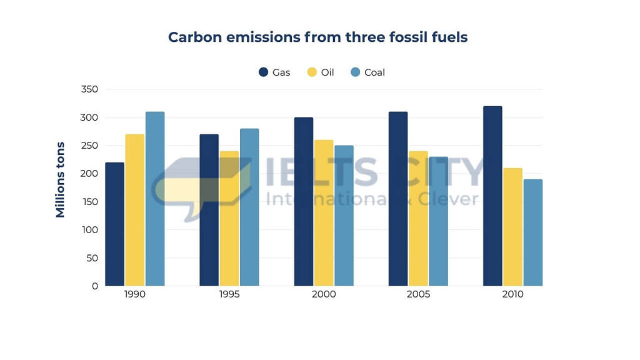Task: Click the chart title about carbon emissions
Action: click(317, 37)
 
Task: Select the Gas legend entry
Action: click(274, 72)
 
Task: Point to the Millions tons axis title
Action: click(60, 180)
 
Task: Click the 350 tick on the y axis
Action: click(89, 89)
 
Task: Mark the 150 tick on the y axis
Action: click(89, 202)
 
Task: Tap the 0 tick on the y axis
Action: click(94, 286)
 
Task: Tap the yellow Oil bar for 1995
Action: click(229, 218)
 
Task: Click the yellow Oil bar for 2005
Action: click(418, 218)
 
